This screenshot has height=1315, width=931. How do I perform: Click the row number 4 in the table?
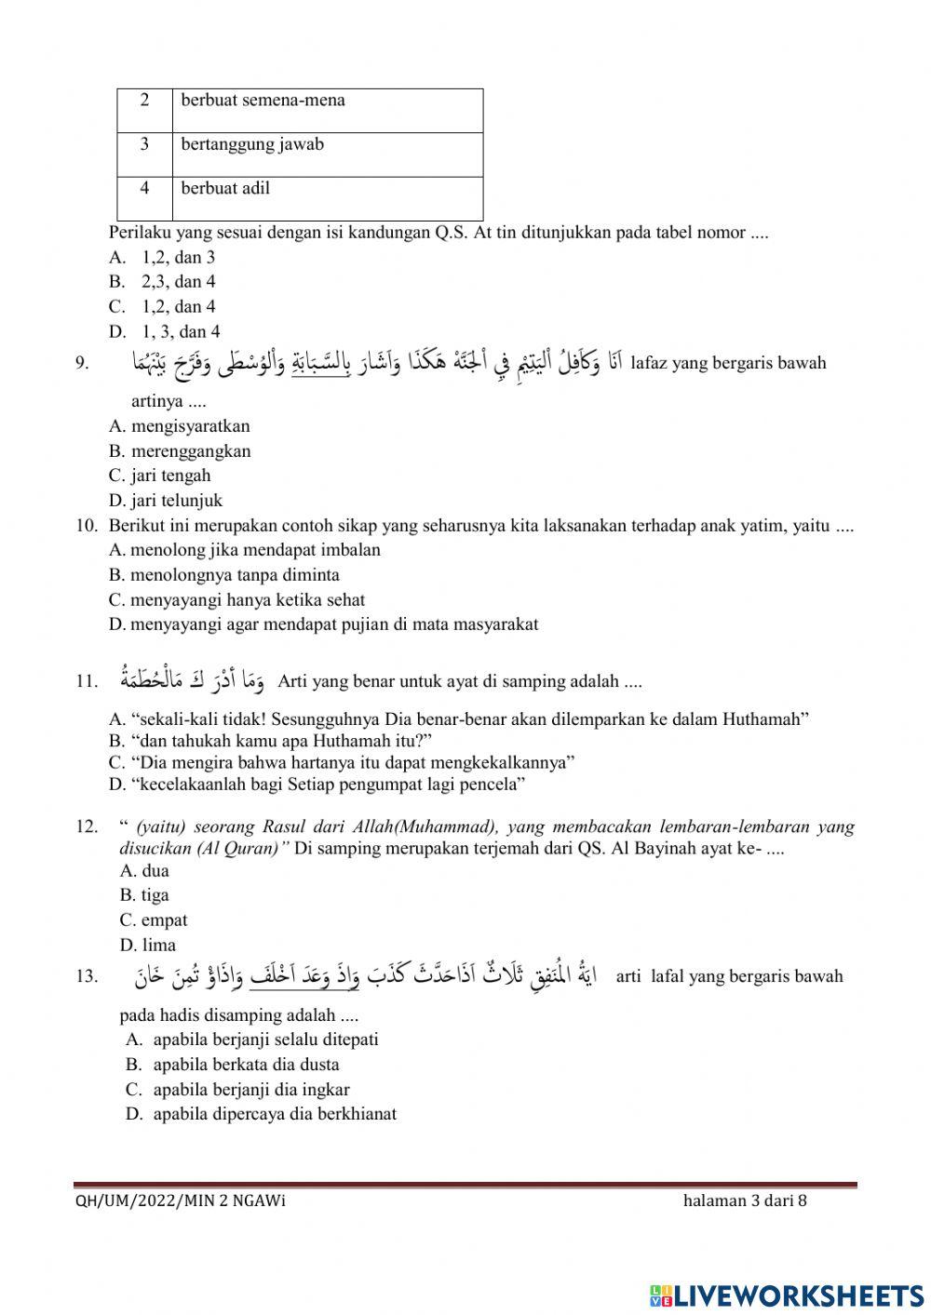(144, 188)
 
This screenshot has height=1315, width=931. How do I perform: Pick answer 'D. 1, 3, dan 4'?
(164, 331)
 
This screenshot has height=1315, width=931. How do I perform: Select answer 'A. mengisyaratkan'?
(180, 426)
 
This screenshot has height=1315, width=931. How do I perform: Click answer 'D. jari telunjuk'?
(166, 501)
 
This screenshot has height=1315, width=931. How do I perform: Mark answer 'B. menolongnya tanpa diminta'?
(224, 575)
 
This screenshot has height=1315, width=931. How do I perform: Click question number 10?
(87, 526)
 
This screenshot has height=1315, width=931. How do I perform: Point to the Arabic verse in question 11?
(192, 679)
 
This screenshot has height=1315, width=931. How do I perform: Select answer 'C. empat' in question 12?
(154, 920)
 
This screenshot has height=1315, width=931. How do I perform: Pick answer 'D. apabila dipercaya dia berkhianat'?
(261, 1115)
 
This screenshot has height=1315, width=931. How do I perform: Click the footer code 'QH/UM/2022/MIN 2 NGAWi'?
(181, 1201)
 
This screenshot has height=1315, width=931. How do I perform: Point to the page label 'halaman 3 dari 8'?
(745, 1201)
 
